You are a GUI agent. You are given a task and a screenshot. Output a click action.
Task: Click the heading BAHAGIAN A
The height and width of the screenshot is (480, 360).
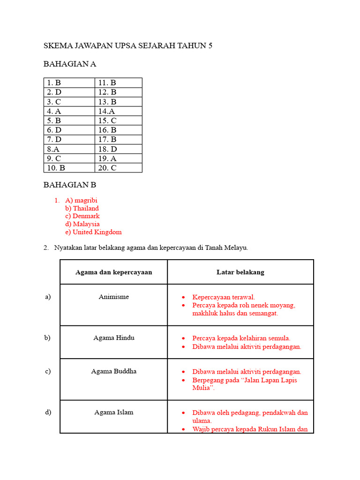click(x=70, y=64)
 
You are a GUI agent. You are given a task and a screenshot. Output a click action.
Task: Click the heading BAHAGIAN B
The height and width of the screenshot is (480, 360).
click(x=70, y=185)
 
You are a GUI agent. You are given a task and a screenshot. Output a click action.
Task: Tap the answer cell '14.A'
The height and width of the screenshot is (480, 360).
click(x=106, y=111)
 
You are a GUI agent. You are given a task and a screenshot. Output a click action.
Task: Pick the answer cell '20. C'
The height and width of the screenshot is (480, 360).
click(x=107, y=168)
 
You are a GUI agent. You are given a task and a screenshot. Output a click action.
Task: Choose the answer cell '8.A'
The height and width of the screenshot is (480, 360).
click(x=53, y=149)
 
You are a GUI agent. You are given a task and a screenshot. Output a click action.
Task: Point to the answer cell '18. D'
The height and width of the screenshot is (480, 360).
click(x=107, y=149)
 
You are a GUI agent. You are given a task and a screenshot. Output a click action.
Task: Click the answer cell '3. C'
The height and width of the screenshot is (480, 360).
click(x=54, y=102)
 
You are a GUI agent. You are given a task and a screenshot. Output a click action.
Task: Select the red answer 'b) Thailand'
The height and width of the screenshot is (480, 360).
click(x=82, y=208)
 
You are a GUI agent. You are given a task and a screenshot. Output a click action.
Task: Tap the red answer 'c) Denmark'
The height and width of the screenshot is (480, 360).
click(x=82, y=216)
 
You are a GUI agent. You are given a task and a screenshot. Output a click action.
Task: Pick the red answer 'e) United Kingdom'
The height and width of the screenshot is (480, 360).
click(x=93, y=232)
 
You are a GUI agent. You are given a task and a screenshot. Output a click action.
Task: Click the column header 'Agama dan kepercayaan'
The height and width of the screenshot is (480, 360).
click(x=113, y=272)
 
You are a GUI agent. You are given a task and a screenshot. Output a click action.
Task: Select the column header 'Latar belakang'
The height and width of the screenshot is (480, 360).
click(x=240, y=272)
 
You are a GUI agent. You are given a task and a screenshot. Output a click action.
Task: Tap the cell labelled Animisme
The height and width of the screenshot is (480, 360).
click(x=113, y=297)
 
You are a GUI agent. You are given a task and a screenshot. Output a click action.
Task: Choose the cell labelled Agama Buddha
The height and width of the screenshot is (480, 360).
click(x=113, y=371)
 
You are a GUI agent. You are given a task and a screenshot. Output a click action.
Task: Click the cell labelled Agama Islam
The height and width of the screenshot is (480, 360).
click(x=113, y=412)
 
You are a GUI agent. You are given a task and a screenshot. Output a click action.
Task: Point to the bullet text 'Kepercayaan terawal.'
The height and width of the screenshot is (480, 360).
click(x=224, y=297)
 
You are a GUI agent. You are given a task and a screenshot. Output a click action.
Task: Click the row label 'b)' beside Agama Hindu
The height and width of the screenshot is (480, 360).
click(x=48, y=337)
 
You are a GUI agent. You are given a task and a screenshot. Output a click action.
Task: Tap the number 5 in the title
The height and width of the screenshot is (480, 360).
click(x=210, y=45)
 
